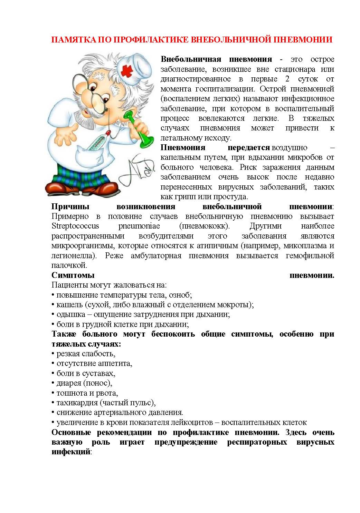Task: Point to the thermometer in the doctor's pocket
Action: [98, 142]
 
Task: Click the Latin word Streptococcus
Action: [75, 226]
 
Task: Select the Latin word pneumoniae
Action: [139, 226]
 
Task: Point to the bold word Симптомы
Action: [73, 275]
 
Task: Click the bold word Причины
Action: [70, 207]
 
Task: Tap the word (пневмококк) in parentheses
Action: [204, 226]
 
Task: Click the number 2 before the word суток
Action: [287, 79]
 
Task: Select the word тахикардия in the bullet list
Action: [76, 403]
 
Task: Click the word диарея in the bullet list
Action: [68, 383]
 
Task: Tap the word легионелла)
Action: [74, 256]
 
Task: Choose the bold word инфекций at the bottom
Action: [70, 452]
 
